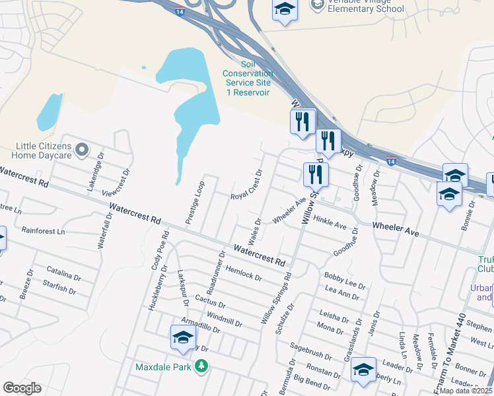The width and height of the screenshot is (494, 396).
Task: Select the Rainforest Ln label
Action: (43, 232)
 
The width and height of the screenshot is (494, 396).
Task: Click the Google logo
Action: (22, 388)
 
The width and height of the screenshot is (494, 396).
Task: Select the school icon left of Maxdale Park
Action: (183, 337)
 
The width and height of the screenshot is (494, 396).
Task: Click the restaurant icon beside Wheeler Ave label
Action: (316, 174)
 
